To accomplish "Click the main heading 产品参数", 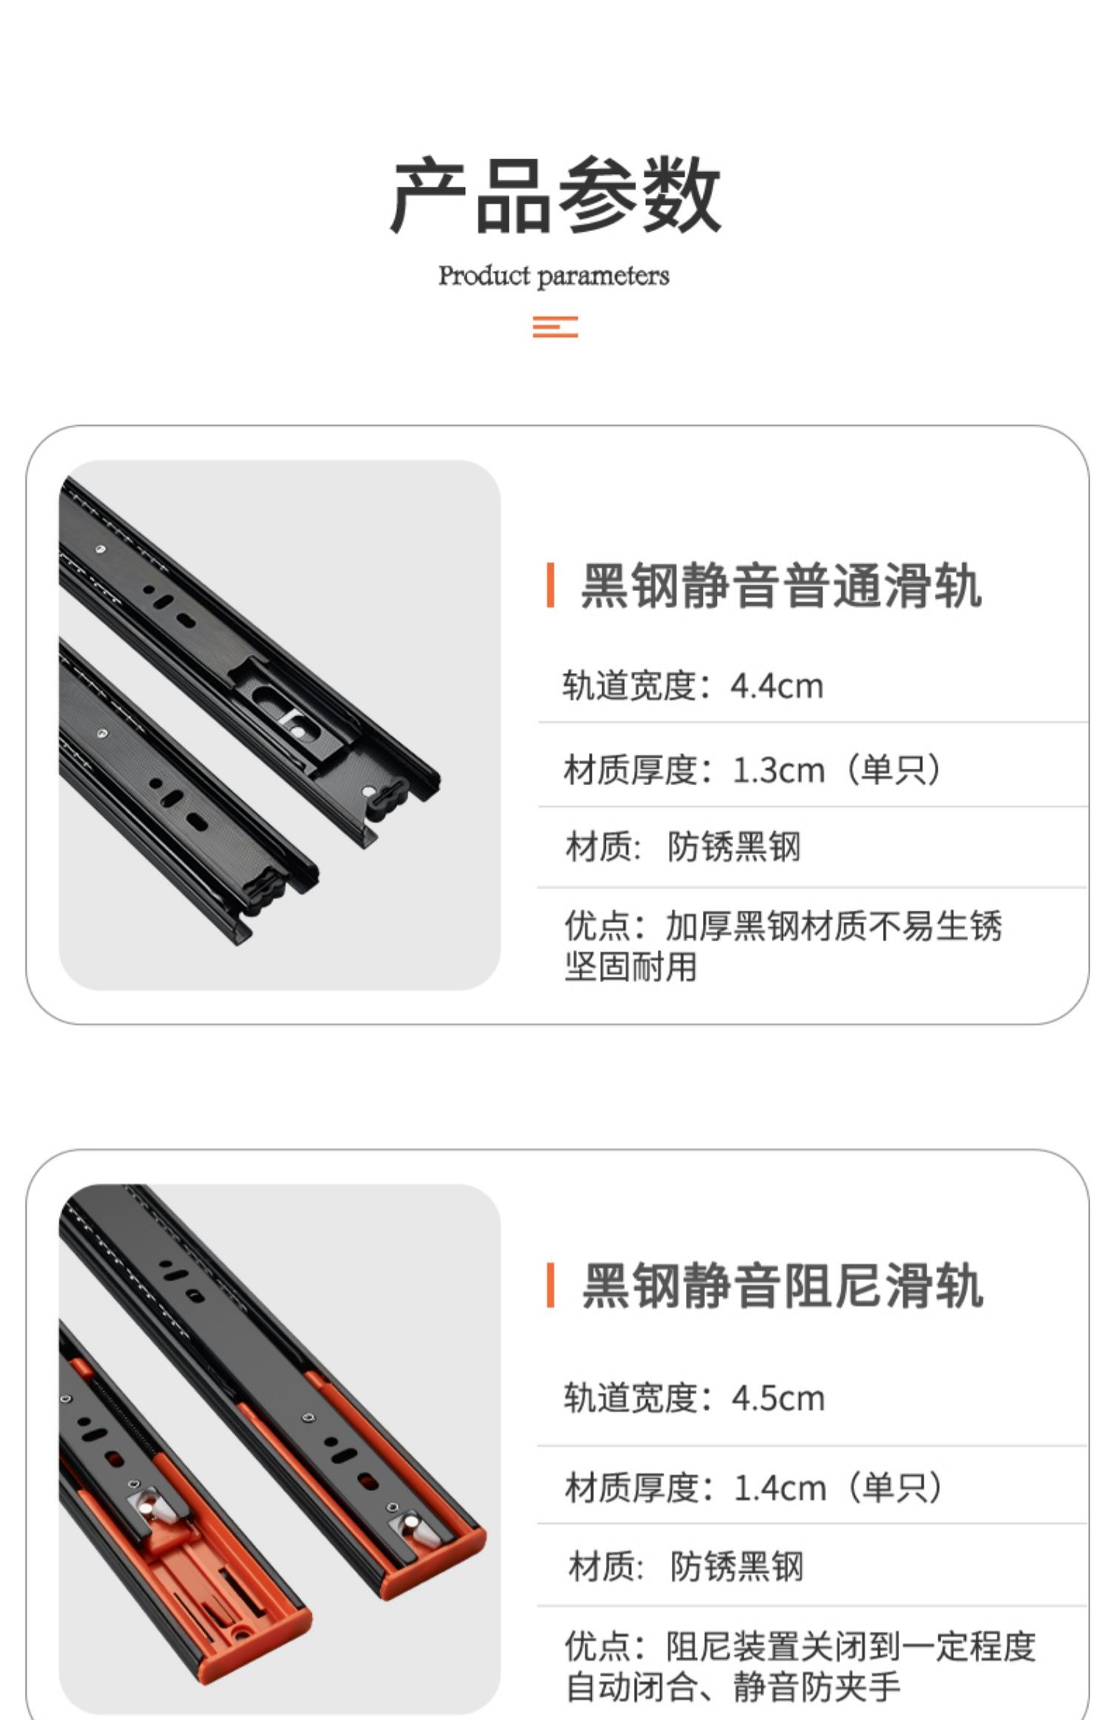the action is click(x=555, y=196).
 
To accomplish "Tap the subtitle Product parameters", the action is click(x=554, y=276).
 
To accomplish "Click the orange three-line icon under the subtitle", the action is click(x=555, y=327).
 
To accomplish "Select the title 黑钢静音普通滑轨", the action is click(x=781, y=585).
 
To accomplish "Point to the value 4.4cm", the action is click(x=777, y=686).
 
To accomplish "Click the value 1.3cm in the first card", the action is click(x=778, y=770).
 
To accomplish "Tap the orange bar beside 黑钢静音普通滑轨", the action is click(x=550, y=585).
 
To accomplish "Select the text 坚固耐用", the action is click(x=631, y=966).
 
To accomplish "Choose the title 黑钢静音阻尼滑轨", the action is click(x=783, y=1287).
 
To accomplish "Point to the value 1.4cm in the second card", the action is click(x=780, y=1487).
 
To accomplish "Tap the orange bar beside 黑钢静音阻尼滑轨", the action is click(x=550, y=1286).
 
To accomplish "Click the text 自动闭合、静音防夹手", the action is click(x=733, y=1687).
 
